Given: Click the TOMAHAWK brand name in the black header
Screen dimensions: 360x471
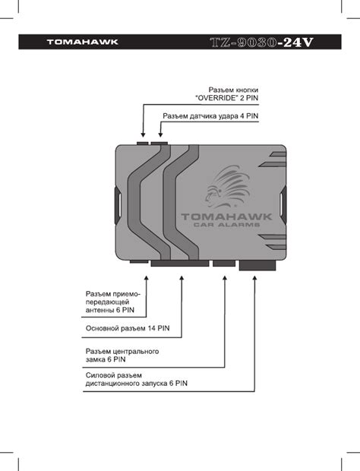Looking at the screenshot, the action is pyautogui.click(x=83, y=42).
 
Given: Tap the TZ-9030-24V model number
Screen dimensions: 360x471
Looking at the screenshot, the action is pyautogui.click(x=261, y=43).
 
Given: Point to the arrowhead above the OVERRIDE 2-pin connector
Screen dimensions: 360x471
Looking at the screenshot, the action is pyautogui.click(x=144, y=134).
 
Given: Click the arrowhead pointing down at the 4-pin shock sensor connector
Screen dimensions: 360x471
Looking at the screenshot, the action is pyautogui.click(x=160, y=134).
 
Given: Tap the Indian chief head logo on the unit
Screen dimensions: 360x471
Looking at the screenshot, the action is pyautogui.click(x=227, y=187).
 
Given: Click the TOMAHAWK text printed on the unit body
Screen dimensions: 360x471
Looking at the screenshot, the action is pyautogui.click(x=226, y=217).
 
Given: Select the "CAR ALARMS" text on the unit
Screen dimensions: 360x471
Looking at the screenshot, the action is pyautogui.click(x=226, y=225).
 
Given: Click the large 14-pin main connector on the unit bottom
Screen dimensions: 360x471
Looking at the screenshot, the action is pyautogui.click(x=180, y=264).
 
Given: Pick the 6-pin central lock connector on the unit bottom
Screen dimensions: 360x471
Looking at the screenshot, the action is pyautogui.click(x=224, y=264).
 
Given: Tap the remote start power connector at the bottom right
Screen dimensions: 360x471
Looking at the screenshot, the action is pyautogui.click(x=257, y=265).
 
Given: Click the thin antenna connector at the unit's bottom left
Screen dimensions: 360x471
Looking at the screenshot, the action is pyautogui.click(x=139, y=261).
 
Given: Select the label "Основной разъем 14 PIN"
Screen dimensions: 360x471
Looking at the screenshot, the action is pyautogui.click(x=128, y=328).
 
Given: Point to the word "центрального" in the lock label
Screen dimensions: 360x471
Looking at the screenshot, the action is pyautogui.click(x=137, y=352).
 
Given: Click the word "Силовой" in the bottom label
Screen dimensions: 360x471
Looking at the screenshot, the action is pyautogui.click(x=99, y=375).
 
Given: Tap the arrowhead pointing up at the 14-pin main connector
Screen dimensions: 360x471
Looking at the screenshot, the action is pyautogui.click(x=182, y=279).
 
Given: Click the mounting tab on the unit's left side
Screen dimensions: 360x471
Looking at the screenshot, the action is pyautogui.click(x=118, y=205).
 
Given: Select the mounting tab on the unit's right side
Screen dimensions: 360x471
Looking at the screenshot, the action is pyautogui.click(x=283, y=205).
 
